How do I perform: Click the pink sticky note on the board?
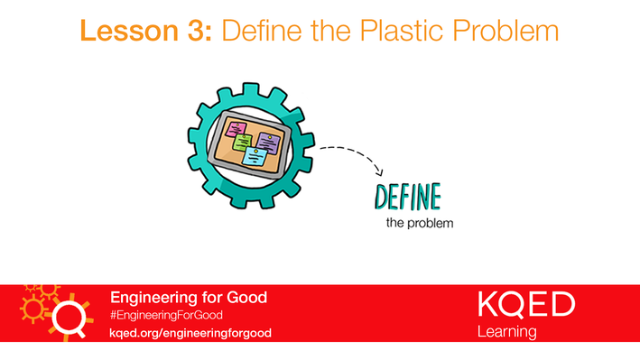[239, 129]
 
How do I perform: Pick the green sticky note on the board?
[241, 143]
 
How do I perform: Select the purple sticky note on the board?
[268, 141]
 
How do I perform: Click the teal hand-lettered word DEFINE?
[407, 196]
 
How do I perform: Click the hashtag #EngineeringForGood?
[166, 315]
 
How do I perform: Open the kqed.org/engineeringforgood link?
[190, 332]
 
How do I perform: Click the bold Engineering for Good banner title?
[188, 297]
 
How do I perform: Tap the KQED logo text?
[525, 305]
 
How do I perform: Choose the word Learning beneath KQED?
[506, 332]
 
